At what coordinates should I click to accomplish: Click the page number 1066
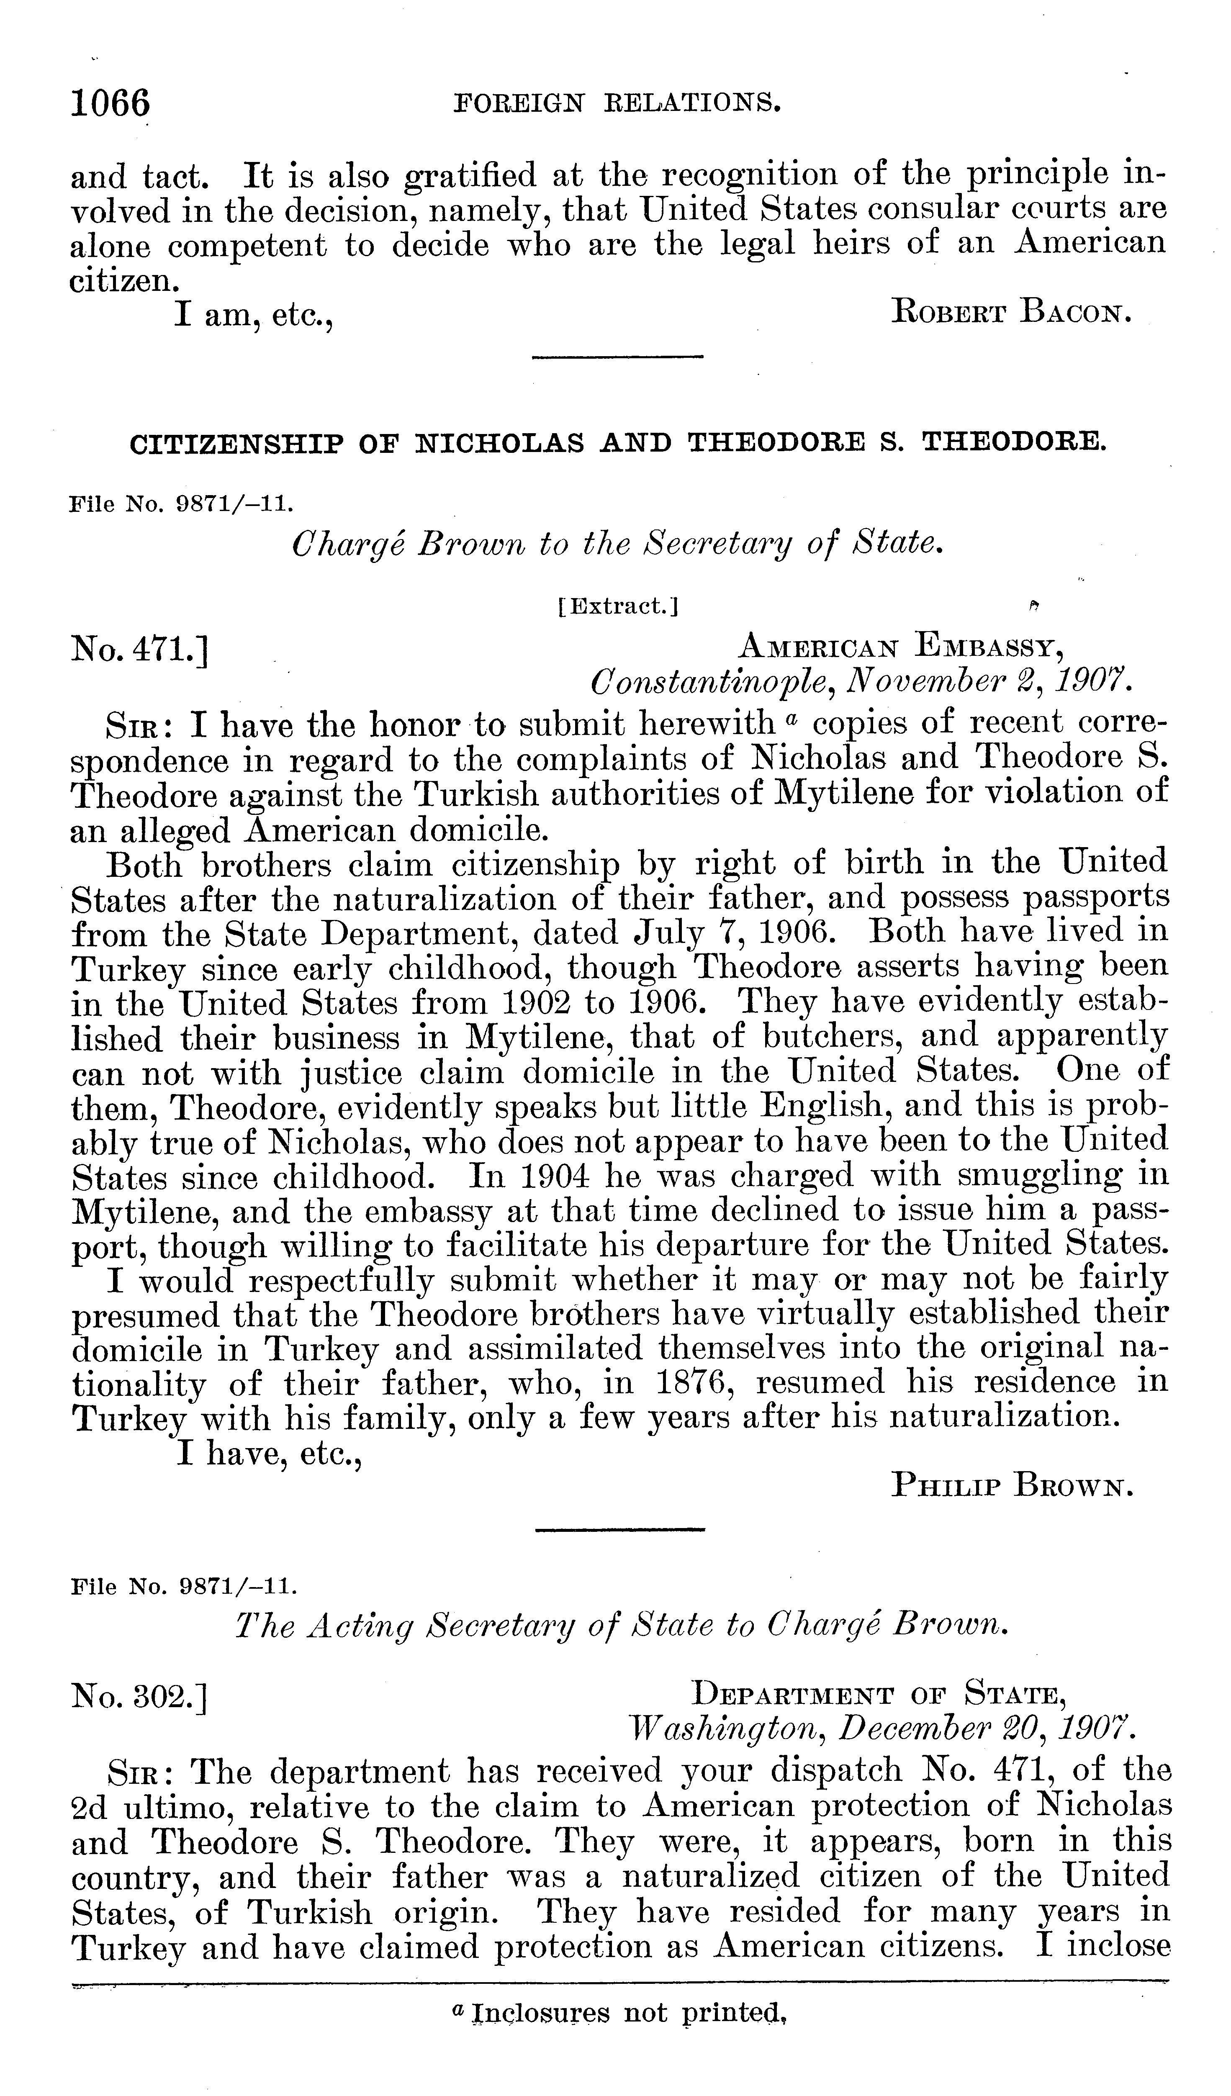click(111, 104)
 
